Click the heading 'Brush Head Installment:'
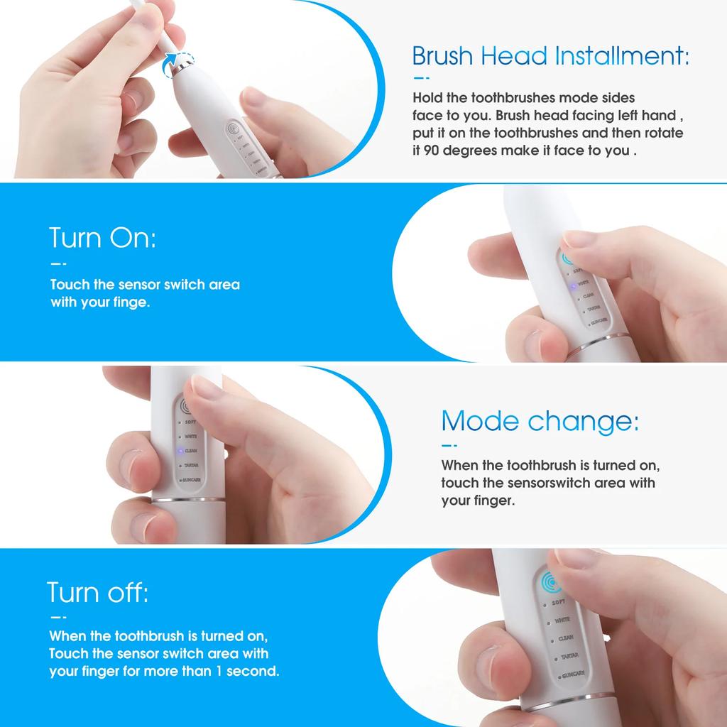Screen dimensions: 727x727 pyautogui.click(x=550, y=55)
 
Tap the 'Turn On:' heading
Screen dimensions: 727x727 pyautogui.click(x=102, y=238)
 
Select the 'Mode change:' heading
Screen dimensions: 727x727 pyautogui.click(x=540, y=422)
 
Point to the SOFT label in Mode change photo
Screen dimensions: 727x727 pyautogui.click(x=190, y=422)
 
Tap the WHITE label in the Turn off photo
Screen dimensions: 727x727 pyautogui.click(x=562, y=620)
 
